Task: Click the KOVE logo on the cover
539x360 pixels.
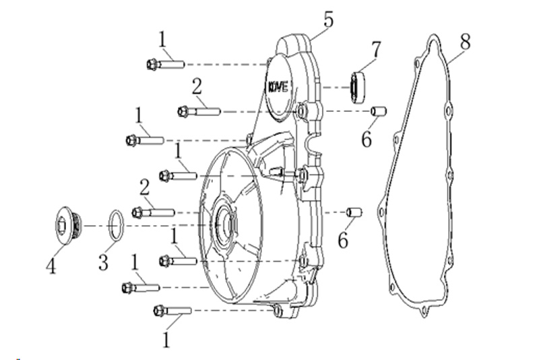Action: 278,87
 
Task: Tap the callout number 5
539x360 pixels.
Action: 328,20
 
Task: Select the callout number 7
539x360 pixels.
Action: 377,50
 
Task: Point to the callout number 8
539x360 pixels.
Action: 465,42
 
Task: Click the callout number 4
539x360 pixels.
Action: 51,266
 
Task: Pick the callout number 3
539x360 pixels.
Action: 103,262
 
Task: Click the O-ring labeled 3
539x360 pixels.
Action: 116,226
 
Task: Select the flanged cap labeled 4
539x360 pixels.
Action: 69,225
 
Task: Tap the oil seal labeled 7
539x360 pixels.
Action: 358,88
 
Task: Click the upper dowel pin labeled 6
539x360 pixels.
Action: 379,111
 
